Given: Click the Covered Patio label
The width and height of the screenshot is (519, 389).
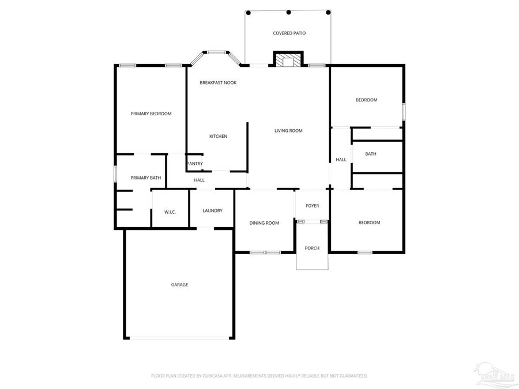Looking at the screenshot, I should click(x=289, y=33).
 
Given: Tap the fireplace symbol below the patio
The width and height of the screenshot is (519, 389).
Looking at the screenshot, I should click(x=288, y=60).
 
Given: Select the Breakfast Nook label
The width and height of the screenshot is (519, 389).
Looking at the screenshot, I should click(x=218, y=83).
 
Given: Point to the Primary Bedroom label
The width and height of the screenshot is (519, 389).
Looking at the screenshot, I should click(x=151, y=114).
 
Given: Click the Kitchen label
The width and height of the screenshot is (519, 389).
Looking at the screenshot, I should click(x=218, y=137).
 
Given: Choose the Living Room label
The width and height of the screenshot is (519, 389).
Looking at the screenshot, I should click(x=288, y=131).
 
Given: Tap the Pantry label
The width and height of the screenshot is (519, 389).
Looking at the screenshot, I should click(x=195, y=164).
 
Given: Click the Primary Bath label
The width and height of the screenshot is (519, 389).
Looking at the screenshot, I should click(x=146, y=178).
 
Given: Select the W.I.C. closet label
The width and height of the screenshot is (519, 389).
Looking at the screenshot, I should click(x=170, y=212).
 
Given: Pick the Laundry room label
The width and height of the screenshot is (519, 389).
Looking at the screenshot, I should click(x=212, y=211).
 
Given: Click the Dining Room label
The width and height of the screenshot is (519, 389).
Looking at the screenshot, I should click(x=264, y=223).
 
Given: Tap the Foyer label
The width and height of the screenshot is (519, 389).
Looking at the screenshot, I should click(x=312, y=206).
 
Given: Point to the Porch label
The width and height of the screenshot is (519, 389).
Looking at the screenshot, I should click(x=312, y=248).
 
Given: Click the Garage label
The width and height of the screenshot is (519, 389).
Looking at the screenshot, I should click(x=179, y=285).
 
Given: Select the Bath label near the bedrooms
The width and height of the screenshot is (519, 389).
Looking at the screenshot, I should click(x=371, y=154).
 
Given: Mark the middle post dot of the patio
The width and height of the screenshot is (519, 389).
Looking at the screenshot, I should click(x=288, y=12).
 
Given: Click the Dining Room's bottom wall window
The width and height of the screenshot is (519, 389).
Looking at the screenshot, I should click(x=265, y=252).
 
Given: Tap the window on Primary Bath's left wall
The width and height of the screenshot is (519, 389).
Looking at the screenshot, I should click(x=115, y=173).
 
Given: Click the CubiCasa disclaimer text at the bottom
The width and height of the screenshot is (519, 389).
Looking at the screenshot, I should click(x=259, y=376).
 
